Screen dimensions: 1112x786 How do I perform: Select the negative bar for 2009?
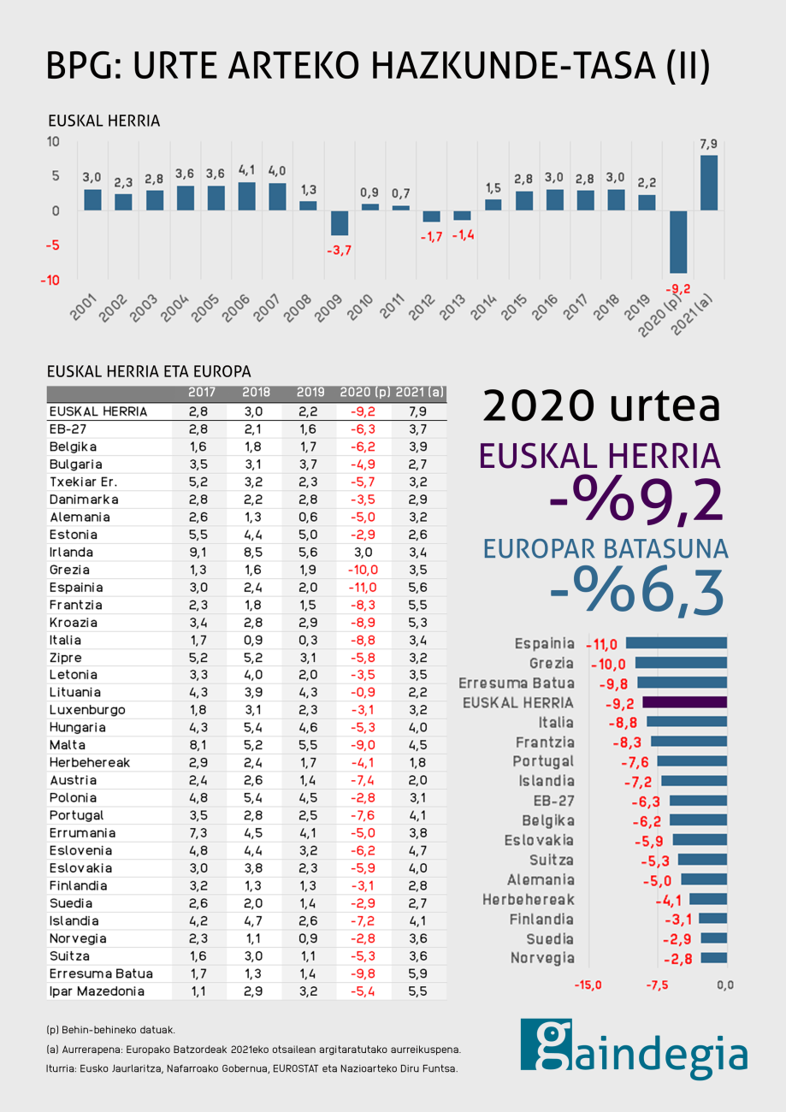tap(340, 223)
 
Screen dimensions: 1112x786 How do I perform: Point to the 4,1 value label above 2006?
tap(246, 171)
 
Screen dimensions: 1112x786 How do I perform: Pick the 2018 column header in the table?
tap(256, 393)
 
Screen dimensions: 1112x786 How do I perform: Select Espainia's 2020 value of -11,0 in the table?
tap(363, 588)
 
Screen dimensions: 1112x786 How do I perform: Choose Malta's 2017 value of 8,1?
tap(198, 744)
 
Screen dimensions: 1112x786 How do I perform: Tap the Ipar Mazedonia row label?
tap(97, 991)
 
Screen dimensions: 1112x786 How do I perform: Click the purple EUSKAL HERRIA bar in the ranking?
tap(684, 702)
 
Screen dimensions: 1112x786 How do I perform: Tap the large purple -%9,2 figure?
tap(637, 500)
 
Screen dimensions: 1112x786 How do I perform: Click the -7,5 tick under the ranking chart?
tap(656, 985)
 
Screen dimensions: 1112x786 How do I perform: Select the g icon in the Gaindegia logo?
tap(546, 1043)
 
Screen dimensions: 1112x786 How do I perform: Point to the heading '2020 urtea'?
tap(601, 405)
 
